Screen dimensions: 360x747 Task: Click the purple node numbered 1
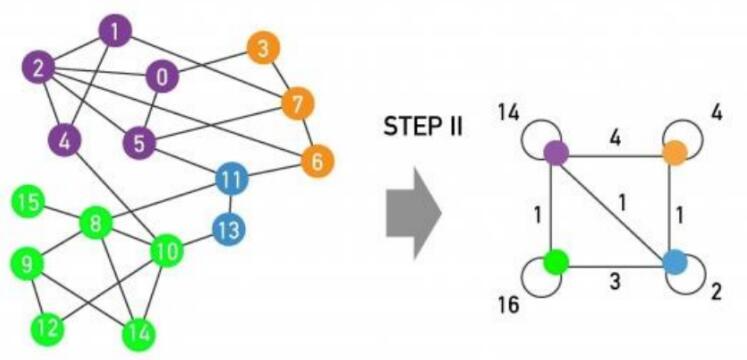pyautogui.click(x=116, y=33)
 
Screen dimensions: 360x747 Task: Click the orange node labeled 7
pyautogui.click(x=297, y=102)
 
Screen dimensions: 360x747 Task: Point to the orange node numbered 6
pyautogui.click(x=317, y=160)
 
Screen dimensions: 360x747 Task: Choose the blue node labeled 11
pyautogui.click(x=231, y=181)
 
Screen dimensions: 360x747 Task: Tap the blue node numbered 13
pyautogui.click(x=228, y=229)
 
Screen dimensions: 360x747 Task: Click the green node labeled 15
pyautogui.click(x=30, y=205)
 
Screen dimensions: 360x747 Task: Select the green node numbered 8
pyautogui.click(x=96, y=222)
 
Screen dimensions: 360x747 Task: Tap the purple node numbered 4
pyautogui.click(x=65, y=141)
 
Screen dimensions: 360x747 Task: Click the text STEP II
pyautogui.click(x=422, y=127)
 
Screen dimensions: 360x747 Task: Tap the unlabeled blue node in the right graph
pyautogui.click(x=675, y=263)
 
